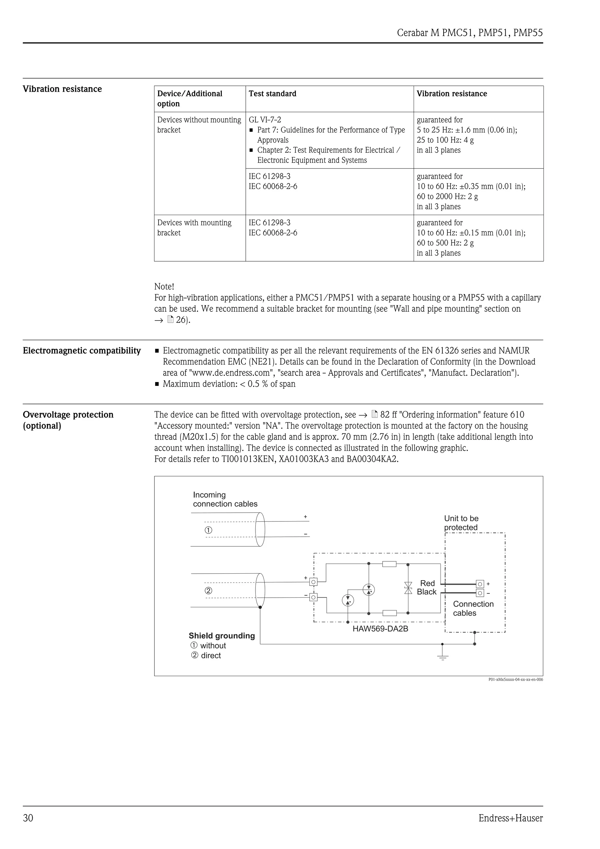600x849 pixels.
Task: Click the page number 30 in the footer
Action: [28, 818]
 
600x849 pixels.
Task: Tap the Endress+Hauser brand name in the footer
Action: [510, 818]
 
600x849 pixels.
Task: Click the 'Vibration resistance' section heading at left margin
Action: [62, 89]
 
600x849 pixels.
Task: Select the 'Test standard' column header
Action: [272, 93]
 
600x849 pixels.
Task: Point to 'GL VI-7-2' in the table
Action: [265, 120]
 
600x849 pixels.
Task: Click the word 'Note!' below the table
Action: [164, 287]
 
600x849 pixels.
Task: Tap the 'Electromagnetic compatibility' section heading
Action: [82, 351]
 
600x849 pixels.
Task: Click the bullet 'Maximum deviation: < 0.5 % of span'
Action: [229, 384]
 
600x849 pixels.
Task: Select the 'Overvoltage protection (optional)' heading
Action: [68, 420]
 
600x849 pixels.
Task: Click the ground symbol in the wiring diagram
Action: [442, 657]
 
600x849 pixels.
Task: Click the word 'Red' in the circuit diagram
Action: [427, 583]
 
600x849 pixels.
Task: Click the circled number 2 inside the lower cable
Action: [209, 591]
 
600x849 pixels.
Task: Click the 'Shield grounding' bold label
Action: [222, 636]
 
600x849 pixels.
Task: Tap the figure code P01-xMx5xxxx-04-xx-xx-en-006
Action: [515, 679]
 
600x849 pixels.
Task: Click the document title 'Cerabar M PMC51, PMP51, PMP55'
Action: [470, 33]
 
